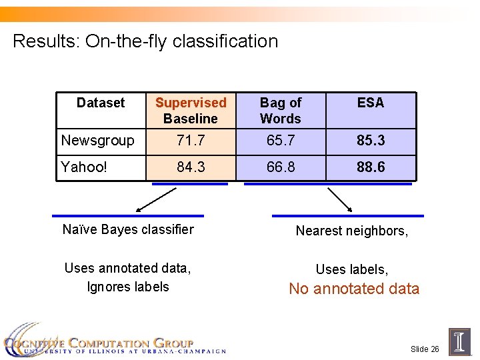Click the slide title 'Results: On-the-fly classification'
pyautogui.click(x=145, y=41)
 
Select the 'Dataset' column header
pyautogui.click(x=101, y=103)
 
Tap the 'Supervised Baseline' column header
pyautogui.click(x=191, y=111)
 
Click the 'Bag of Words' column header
pyautogui.click(x=281, y=111)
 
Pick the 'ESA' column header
pyautogui.click(x=371, y=103)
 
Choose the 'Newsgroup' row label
pyautogui.click(x=97, y=141)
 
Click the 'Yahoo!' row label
pyautogui.click(x=84, y=167)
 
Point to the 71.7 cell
pyautogui.click(x=191, y=141)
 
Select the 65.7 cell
pyautogui.click(x=281, y=141)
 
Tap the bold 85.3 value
pyautogui.click(x=371, y=141)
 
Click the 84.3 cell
pyautogui.click(x=191, y=167)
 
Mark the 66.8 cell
pyautogui.click(x=281, y=167)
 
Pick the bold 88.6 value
pyautogui.click(x=371, y=167)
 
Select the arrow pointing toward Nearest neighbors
pyautogui.click(x=340, y=199)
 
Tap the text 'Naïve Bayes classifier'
pyautogui.click(x=128, y=230)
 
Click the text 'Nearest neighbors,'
pyautogui.click(x=352, y=231)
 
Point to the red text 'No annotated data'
pyautogui.click(x=354, y=289)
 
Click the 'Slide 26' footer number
pyautogui.click(x=425, y=349)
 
